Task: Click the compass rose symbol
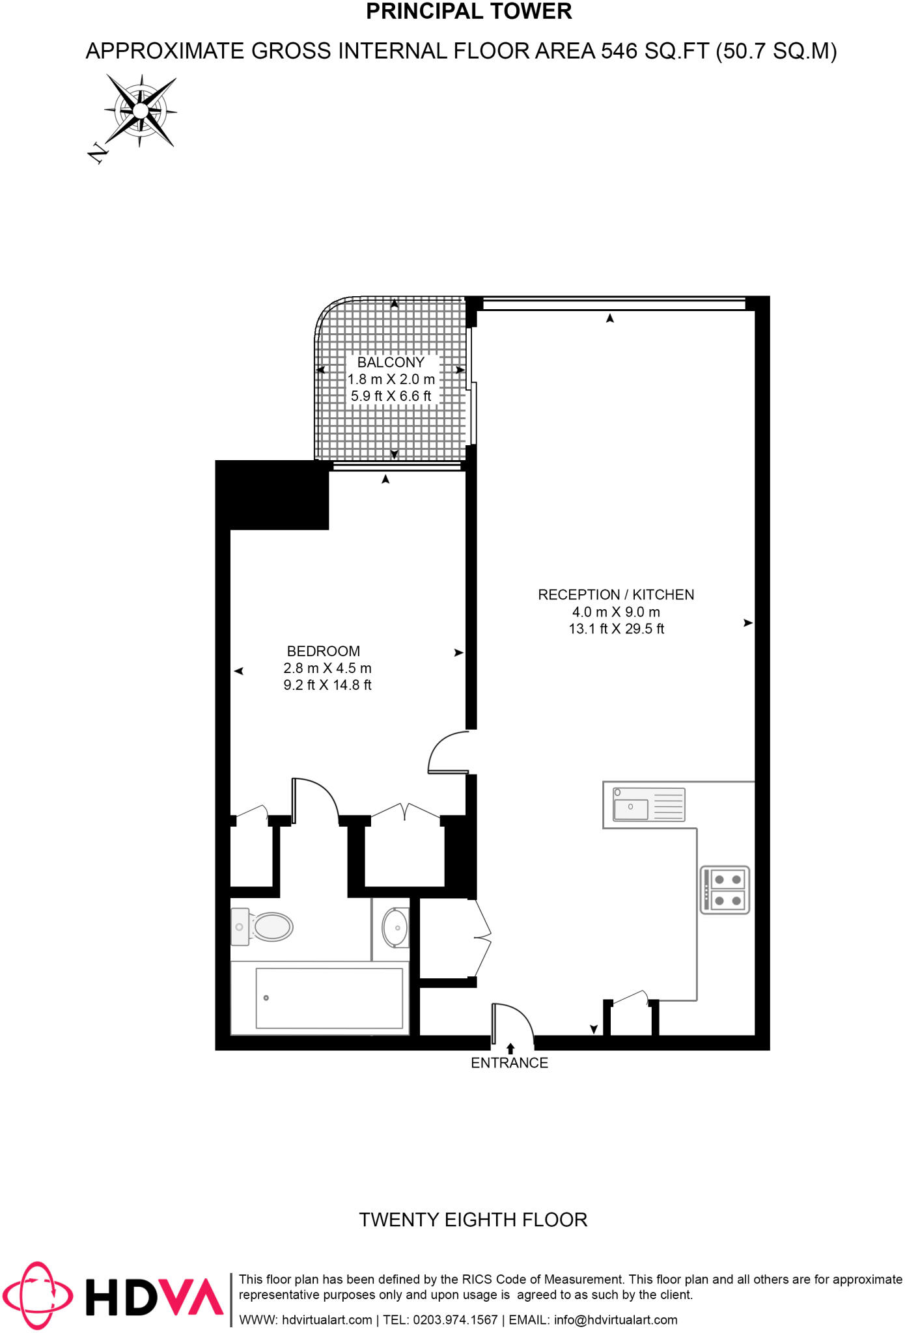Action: tap(141, 110)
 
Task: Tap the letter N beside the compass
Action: tap(97, 153)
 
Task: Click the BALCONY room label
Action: tap(391, 363)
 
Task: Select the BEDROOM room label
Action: tap(324, 652)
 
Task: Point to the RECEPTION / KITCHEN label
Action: tap(616, 595)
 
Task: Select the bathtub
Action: tap(329, 998)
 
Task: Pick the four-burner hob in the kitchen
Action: tap(725, 890)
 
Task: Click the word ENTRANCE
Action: tap(509, 1063)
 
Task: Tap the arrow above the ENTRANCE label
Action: tap(510, 1049)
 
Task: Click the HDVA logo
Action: tap(114, 1296)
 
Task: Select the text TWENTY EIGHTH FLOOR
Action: tap(473, 1220)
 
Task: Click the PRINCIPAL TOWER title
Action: tap(469, 12)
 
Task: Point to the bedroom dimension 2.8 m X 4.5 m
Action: tap(327, 668)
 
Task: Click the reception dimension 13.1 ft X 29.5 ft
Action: tap(617, 629)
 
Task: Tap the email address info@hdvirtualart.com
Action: tap(615, 1320)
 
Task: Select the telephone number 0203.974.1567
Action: tap(455, 1320)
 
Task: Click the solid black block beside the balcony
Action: tap(272, 495)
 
